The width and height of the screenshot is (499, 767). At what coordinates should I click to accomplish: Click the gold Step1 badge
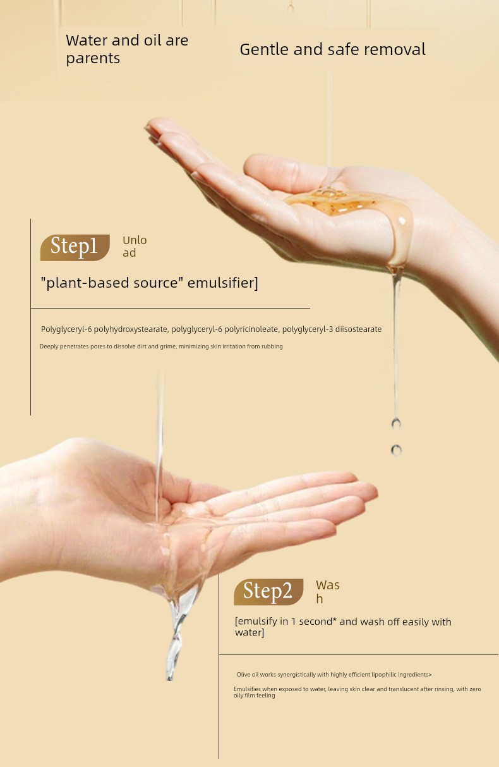click(x=75, y=248)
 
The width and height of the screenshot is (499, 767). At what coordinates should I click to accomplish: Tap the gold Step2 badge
click(x=268, y=592)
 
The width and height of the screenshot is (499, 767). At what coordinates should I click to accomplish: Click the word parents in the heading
click(x=93, y=58)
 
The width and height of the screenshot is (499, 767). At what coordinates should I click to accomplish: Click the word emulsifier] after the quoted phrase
click(x=222, y=283)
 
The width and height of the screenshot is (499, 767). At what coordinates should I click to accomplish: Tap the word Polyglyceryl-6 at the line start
click(x=66, y=329)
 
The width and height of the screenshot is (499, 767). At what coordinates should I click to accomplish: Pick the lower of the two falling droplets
click(x=397, y=450)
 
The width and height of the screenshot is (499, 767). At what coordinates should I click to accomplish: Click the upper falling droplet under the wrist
click(x=396, y=424)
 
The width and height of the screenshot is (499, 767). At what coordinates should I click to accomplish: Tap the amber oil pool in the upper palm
click(x=346, y=203)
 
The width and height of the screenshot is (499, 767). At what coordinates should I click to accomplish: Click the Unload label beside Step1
click(x=135, y=247)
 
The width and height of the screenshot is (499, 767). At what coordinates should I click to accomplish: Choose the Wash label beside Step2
click(x=327, y=592)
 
